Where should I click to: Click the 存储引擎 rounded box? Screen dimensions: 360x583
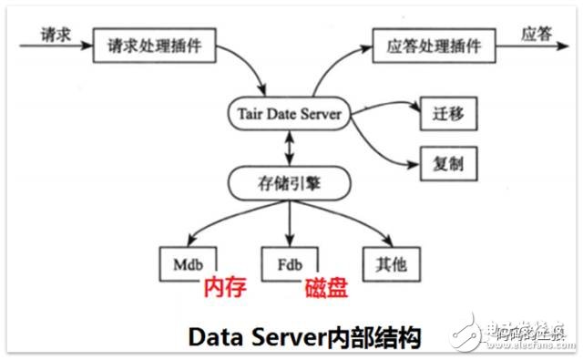(290, 185)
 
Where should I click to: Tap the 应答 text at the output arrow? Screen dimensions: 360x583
(537, 34)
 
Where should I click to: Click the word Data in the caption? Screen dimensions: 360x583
(215, 336)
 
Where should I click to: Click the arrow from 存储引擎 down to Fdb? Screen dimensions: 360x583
(290, 223)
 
